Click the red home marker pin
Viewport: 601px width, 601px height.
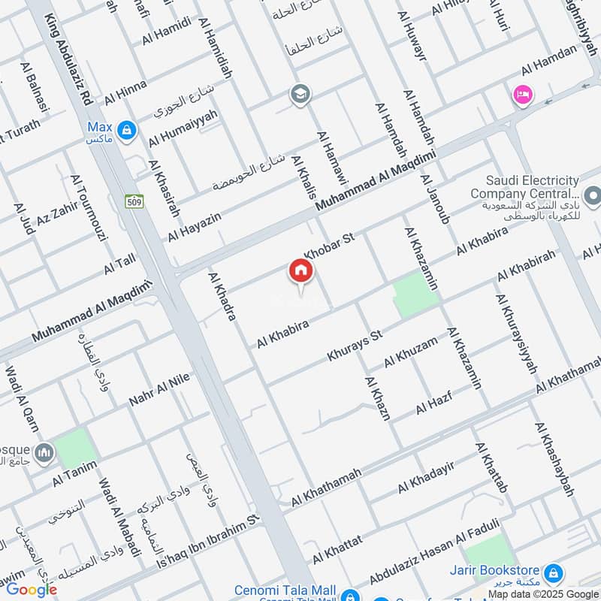(300, 272)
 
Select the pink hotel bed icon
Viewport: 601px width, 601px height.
(521, 95)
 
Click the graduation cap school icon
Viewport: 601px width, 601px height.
(300, 95)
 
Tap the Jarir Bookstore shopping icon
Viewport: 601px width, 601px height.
(553, 572)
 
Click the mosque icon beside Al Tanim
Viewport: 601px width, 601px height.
(44, 452)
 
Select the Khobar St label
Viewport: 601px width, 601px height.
(328, 245)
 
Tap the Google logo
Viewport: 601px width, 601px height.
(31, 590)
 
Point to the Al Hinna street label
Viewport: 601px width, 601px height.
(125, 92)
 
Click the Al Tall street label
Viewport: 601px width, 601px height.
(119, 264)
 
